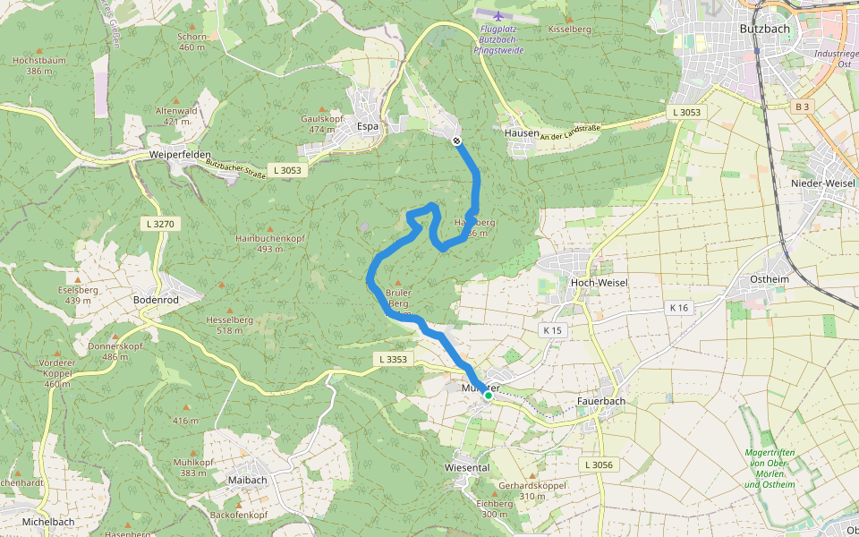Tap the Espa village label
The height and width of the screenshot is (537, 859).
[x=368, y=126]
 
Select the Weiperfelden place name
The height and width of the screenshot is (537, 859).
[x=180, y=155]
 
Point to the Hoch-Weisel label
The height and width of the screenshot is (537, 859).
[x=599, y=283]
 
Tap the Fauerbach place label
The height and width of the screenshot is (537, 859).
[x=601, y=401]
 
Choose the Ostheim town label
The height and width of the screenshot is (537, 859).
[x=770, y=279]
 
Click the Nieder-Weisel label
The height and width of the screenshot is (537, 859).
[x=824, y=183]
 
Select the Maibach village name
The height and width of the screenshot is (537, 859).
[x=248, y=480]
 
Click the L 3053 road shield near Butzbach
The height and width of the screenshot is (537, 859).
[x=686, y=113]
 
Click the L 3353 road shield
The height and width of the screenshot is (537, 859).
[x=391, y=360]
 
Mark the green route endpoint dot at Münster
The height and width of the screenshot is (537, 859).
[x=489, y=394]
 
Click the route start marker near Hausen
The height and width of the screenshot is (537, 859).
[x=456, y=141]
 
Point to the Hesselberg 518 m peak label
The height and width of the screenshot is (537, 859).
[x=230, y=325]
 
